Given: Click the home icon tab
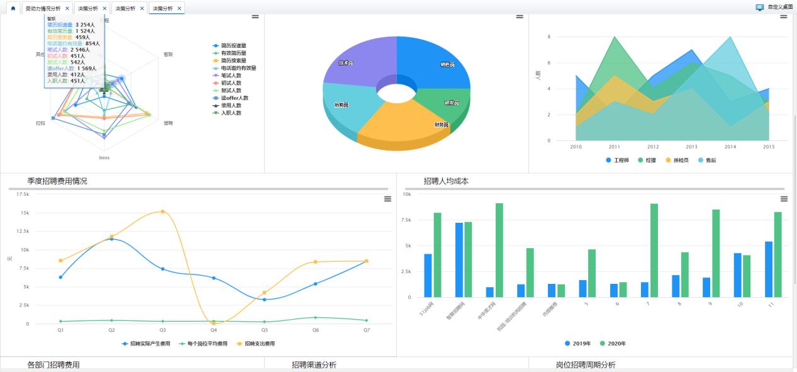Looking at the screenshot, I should pos(13,8).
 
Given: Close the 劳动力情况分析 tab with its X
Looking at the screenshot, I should pos(67,8).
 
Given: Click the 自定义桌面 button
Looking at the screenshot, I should pos(776,7).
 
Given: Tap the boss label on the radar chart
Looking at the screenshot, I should pos(104,157).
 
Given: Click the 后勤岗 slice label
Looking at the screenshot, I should pos(342,104).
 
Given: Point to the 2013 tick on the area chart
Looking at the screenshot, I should pos(691,147).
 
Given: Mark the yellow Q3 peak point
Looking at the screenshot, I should pos(162,211).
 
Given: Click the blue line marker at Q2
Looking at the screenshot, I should pos(111,239).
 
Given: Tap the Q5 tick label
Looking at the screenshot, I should pos(264,329).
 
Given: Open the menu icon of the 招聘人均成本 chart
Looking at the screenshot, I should pos(784,199).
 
